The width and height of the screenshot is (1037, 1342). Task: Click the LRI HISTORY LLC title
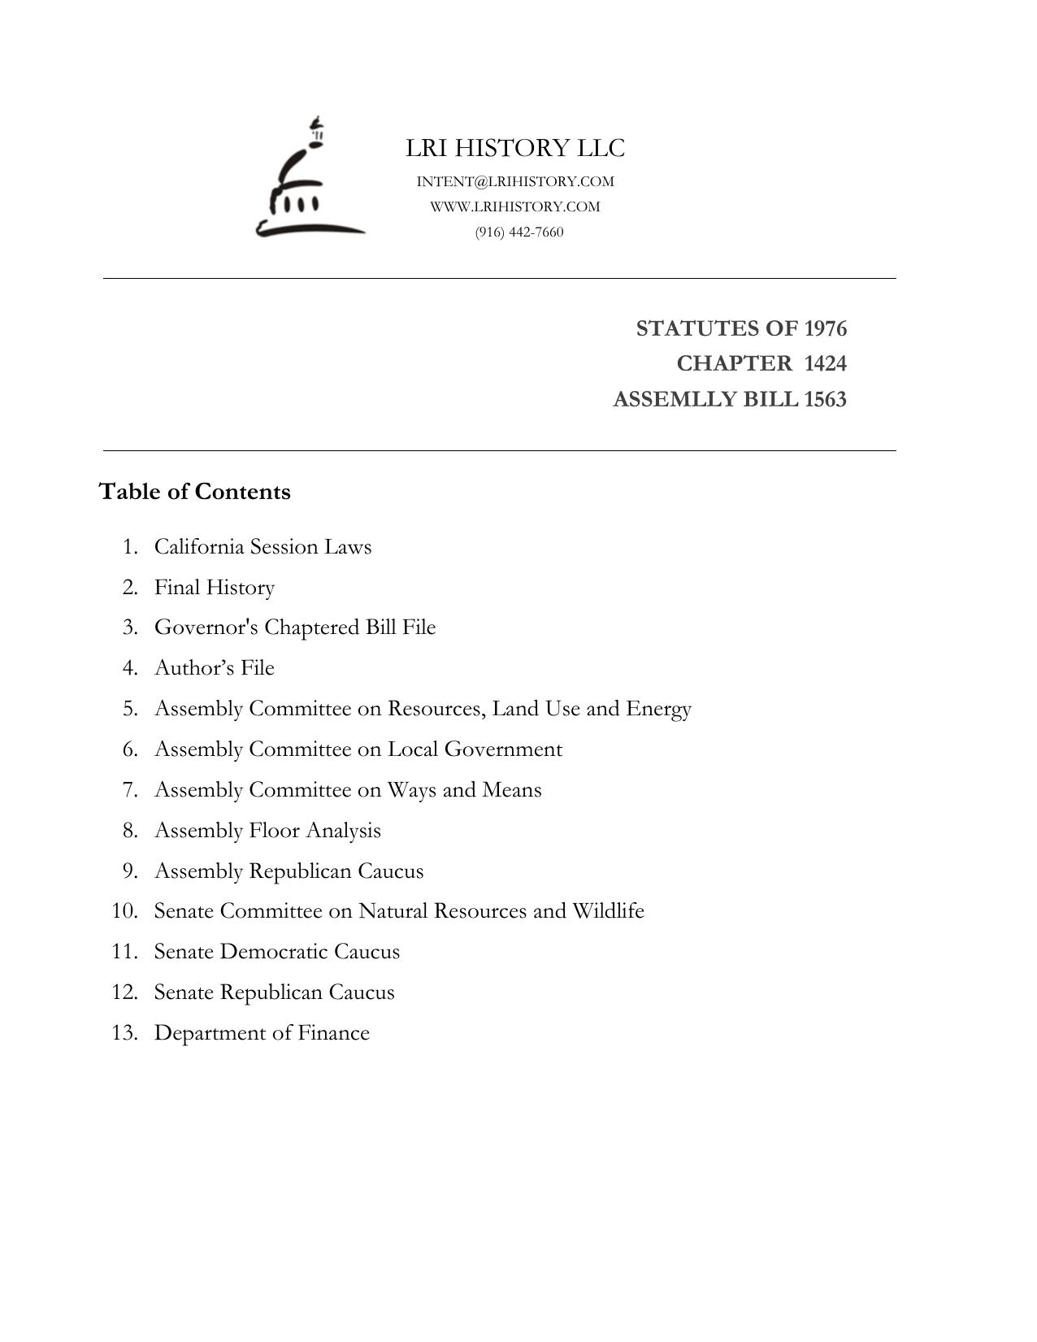tap(515, 148)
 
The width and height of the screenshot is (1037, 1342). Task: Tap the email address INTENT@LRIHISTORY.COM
tap(515, 181)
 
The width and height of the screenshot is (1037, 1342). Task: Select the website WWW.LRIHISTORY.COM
tap(515, 206)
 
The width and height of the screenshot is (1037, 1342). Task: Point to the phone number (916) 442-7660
tap(519, 232)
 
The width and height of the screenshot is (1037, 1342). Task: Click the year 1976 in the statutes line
tap(825, 328)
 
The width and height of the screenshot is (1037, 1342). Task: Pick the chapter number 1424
tap(825, 363)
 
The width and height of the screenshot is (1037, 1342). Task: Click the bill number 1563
tap(825, 399)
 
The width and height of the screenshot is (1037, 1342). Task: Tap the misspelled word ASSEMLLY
tap(663, 399)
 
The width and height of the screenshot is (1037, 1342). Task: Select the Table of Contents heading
tap(194, 492)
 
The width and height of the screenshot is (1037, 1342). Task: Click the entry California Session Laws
tap(263, 546)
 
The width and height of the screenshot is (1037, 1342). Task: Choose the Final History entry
tap(215, 587)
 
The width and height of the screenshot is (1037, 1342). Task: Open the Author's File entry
tap(215, 667)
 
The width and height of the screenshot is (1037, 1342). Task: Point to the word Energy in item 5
tap(658, 708)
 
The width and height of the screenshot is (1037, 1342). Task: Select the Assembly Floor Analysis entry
tap(267, 830)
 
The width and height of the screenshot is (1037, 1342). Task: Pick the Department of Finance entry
tap(262, 1032)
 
